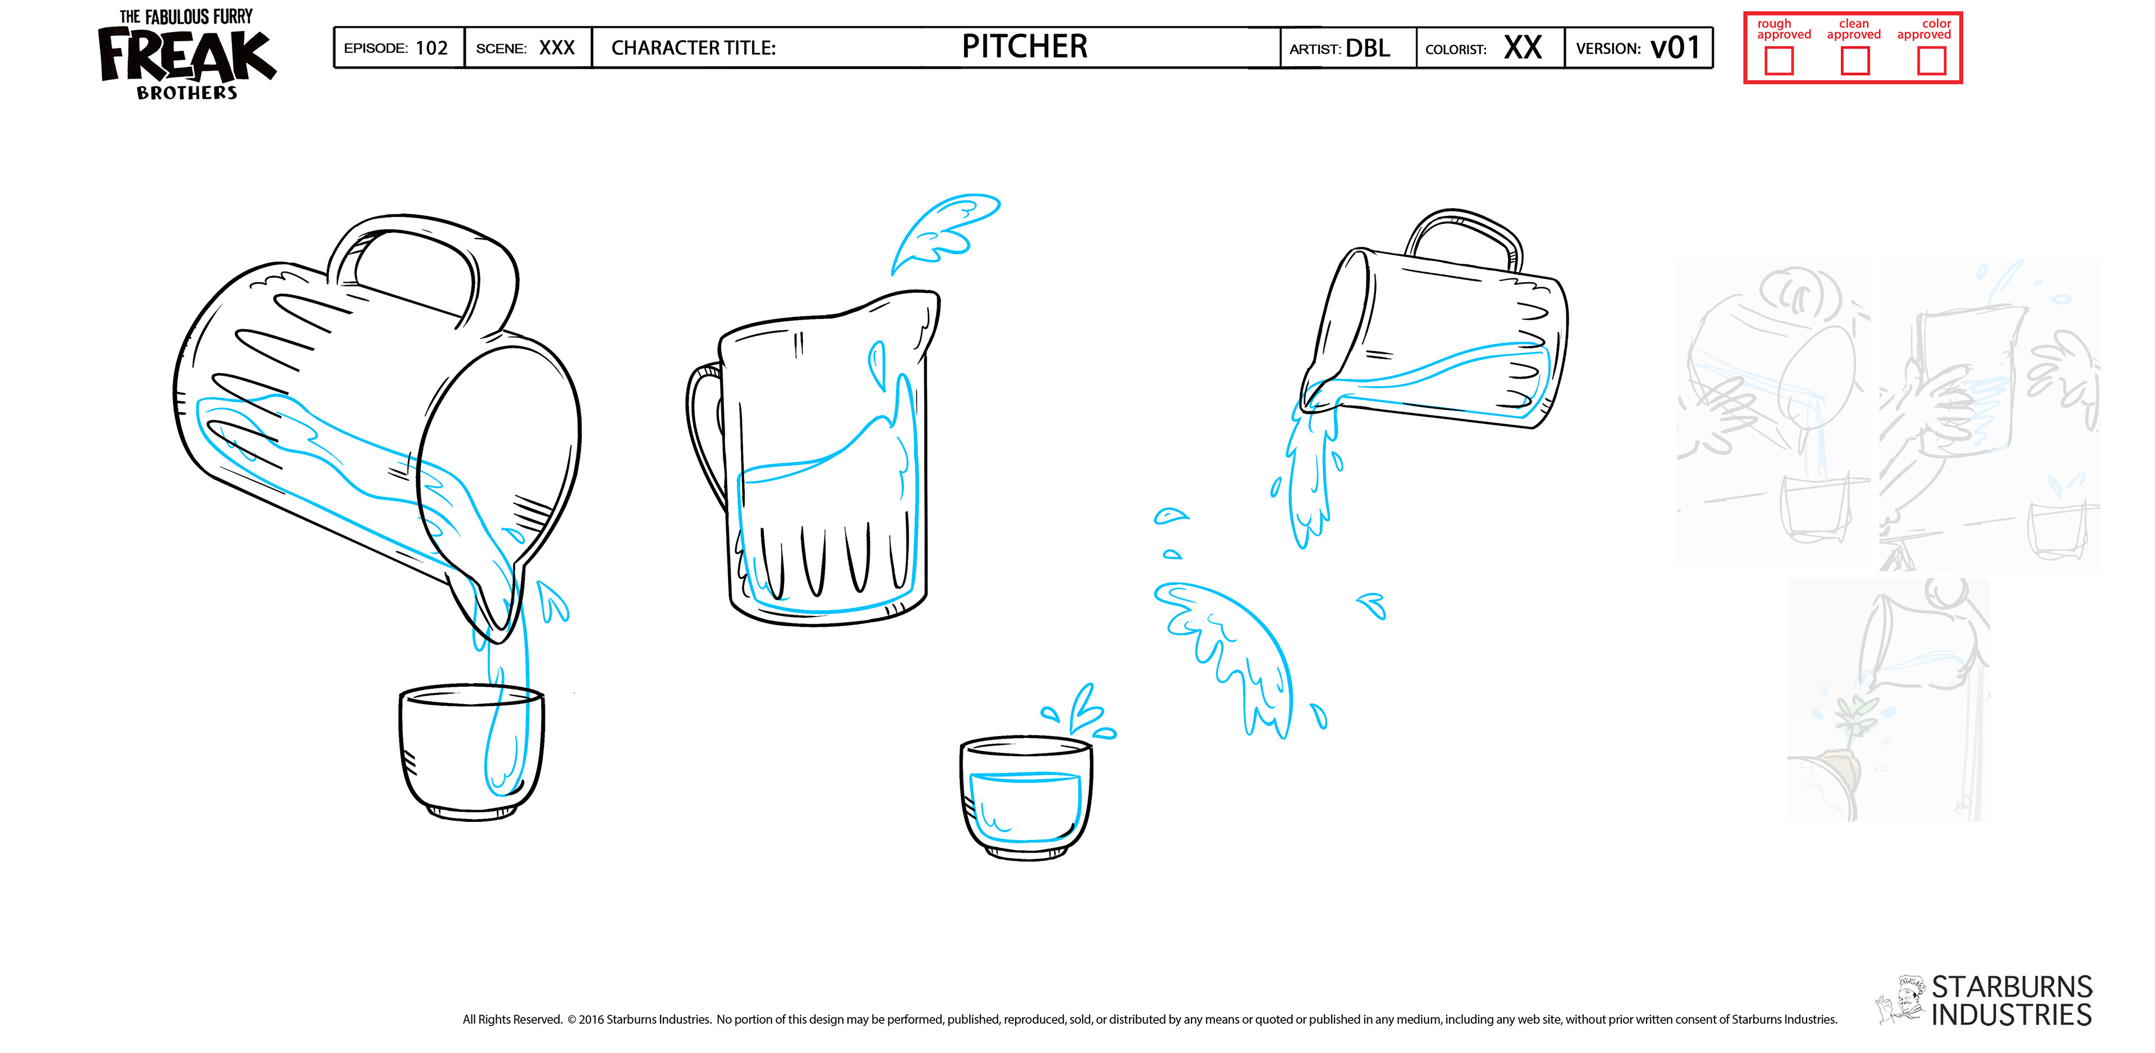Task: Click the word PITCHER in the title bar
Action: tap(1024, 47)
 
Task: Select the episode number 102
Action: tap(432, 48)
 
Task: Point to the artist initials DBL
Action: tap(1368, 48)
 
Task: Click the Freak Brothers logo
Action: tap(186, 55)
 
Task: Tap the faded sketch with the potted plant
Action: tap(1888, 701)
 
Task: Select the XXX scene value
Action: tap(556, 48)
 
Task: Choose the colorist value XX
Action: tap(1522, 48)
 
